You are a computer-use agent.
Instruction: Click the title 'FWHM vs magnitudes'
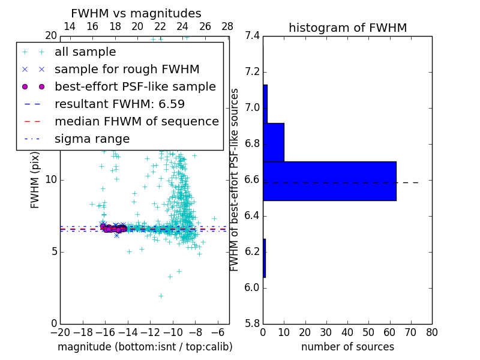[136, 14]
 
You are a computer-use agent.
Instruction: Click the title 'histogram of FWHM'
[347, 28]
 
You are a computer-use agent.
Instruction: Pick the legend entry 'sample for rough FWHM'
[127, 70]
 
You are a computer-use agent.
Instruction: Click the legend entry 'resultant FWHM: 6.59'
[119, 104]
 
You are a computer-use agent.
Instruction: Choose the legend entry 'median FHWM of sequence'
[137, 122]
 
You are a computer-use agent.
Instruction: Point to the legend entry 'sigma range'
[92, 139]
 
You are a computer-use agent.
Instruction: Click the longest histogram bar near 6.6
[329, 181]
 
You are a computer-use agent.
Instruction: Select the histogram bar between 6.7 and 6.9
[274, 142]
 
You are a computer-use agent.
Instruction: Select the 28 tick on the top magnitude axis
[227, 26]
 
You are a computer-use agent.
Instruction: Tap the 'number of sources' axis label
[347, 347]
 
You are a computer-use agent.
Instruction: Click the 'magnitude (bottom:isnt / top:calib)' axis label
[145, 347]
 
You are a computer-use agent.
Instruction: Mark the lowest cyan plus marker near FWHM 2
[161, 295]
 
